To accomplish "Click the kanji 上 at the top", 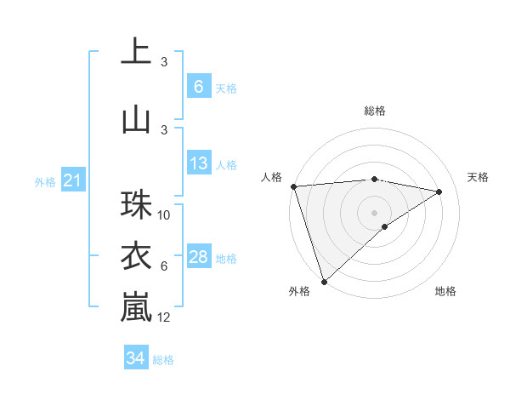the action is tap(136, 52).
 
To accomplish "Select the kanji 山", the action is tap(136, 118).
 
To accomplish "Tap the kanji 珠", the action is tap(136, 205).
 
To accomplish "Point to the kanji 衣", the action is tap(136, 256).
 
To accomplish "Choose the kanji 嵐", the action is tap(136, 307).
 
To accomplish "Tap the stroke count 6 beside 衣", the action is tap(164, 266).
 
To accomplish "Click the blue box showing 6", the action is tap(198, 87).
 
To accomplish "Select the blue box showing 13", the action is tap(198, 163).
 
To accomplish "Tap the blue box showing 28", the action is tap(198, 257).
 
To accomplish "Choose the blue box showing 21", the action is tap(72, 180).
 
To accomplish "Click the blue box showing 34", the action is tap(135, 358).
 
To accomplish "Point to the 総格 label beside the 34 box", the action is tap(163, 360).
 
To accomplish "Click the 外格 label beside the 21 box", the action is tap(45, 181).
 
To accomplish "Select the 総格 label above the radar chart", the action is tap(374, 111).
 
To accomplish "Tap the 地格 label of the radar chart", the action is tap(445, 291).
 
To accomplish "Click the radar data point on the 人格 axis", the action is tap(293, 186).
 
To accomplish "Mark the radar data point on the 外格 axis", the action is tap(324, 280).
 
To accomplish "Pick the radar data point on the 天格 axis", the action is tap(439, 191).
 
